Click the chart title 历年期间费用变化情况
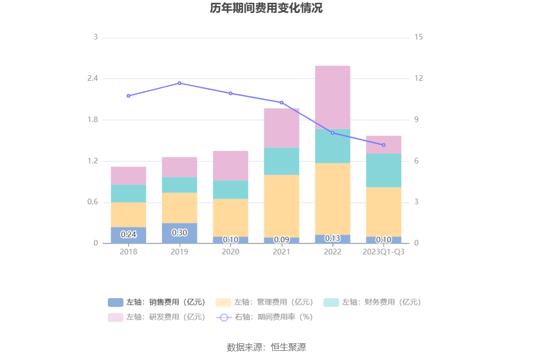point(266,8)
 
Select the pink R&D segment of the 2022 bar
point(332,97)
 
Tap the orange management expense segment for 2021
point(281,206)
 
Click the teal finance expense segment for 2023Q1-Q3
point(383,170)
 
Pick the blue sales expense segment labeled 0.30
point(179,233)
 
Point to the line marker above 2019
point(180,83)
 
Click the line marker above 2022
point(332,133)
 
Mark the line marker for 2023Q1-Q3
point(383,145)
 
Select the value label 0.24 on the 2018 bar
point(129,235)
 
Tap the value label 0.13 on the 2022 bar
point(332,238)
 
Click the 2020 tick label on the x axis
point(230,252)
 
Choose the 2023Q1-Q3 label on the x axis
point(383,252)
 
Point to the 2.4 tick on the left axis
point(93,78)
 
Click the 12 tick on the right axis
point(419,78)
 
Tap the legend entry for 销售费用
point(157,302)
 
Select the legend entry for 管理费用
point(265,302)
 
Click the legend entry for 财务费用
point(372,302)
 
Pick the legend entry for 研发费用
point(157,317)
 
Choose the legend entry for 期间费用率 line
point(265,317)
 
